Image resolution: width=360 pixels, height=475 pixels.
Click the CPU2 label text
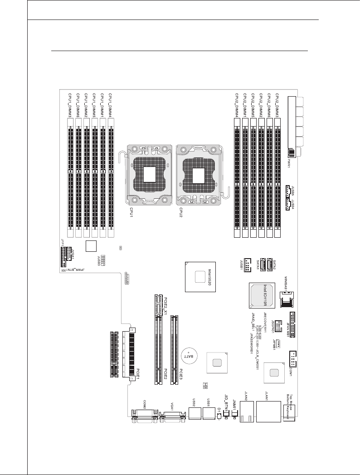point(180,212)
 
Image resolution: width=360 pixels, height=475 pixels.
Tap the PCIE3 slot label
point(180,375)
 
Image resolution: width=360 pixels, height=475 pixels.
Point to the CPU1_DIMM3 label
point(70,105)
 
